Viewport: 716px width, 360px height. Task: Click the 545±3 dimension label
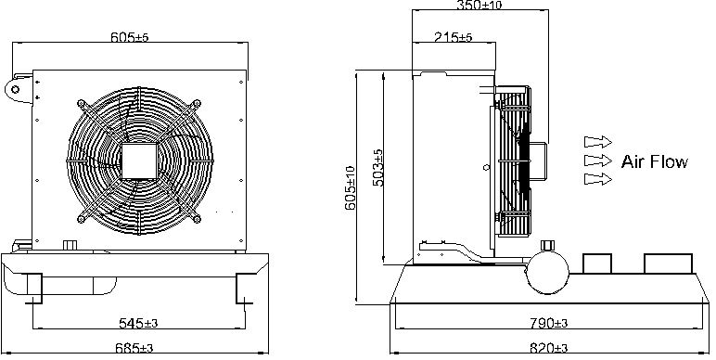point(138,323)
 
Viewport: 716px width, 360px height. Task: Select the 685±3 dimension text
point(134,349)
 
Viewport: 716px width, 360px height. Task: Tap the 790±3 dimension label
point(548,323)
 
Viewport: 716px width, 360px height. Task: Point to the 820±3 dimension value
point(548,349)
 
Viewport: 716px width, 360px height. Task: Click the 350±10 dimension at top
point(479,5)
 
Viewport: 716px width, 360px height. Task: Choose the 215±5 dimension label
point(453,37)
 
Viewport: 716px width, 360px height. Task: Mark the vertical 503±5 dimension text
point(378,167)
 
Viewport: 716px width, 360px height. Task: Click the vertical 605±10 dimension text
point(350,187)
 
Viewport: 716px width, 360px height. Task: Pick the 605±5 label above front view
point(130,37)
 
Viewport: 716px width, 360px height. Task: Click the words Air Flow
point(655,161)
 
